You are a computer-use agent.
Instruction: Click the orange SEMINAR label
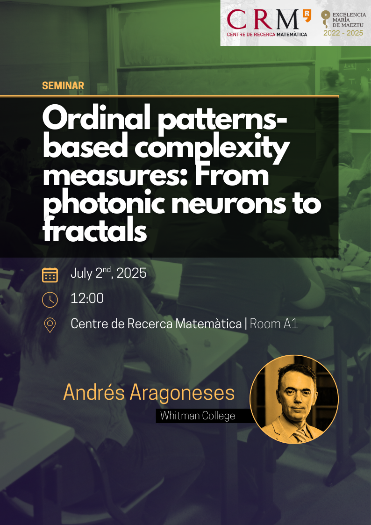63,86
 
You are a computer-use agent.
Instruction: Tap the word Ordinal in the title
97,120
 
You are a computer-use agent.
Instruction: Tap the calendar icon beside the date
50,275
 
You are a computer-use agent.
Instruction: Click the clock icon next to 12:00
50,300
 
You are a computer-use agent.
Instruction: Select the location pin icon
50,325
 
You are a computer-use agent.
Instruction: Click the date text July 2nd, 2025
108,273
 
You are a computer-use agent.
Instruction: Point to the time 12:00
87,298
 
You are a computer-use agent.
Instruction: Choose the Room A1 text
274,324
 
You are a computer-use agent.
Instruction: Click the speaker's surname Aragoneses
182,393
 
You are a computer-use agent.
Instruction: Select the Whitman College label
197,416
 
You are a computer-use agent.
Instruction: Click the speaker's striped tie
300,435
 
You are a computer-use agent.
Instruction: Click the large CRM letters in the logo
263,20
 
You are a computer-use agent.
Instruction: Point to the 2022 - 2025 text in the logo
343,33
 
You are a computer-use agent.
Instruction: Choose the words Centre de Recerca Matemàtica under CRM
267,34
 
